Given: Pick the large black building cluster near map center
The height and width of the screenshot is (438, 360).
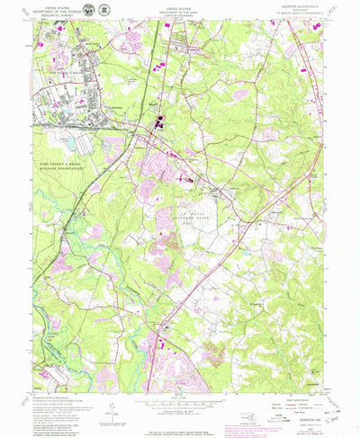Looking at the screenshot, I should [x=161, y=128].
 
